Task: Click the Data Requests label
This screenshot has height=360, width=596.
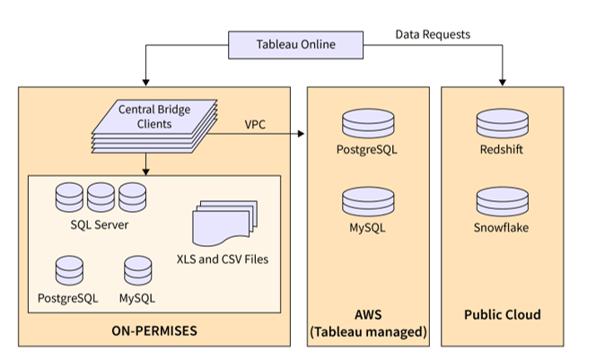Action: point(433,34)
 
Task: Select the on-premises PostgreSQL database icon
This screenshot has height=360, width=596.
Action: point(69,269)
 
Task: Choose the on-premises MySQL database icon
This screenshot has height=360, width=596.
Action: point(137,269)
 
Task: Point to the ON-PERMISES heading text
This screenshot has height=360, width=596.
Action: point(154,331)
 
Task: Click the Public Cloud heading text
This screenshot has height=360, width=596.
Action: point(502,315)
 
